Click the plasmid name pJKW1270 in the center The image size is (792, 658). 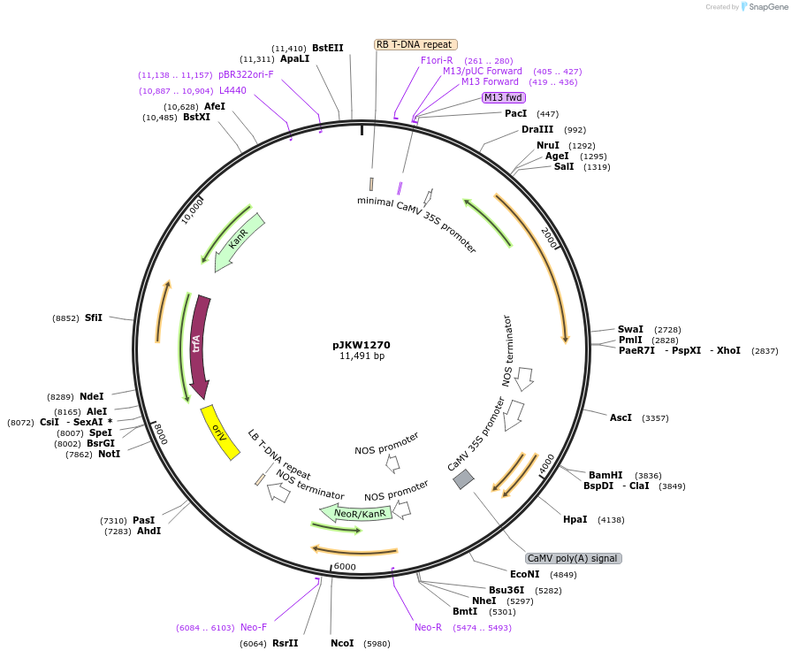click(x=362, y=345)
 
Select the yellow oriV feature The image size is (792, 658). click(x=220, y=432)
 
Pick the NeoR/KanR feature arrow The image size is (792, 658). click(x=358, y=513)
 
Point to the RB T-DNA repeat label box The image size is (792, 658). click(x=415, y=44)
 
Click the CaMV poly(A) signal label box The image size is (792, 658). click(x=573, y=558)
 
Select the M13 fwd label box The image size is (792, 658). click(x=503, y=97)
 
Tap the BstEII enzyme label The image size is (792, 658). click(x=327, y=48)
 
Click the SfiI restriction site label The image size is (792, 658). click(x=94, y=318)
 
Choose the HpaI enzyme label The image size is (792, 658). click(x=575, y=519)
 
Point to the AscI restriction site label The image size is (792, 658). click(x=621, y=417)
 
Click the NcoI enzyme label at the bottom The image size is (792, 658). click(x=341, y=643)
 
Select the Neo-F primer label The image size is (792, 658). click(x=254, y=627)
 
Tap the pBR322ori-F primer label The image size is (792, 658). click(x=246, y=75)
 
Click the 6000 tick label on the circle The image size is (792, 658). click(x=345, y=567)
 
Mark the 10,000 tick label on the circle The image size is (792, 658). click(x=193, y=211)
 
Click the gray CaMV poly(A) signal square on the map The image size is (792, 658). click(x=463, y=479)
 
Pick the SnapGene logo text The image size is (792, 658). click(x=765, y=7)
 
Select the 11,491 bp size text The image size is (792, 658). click(x=362, y=356)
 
